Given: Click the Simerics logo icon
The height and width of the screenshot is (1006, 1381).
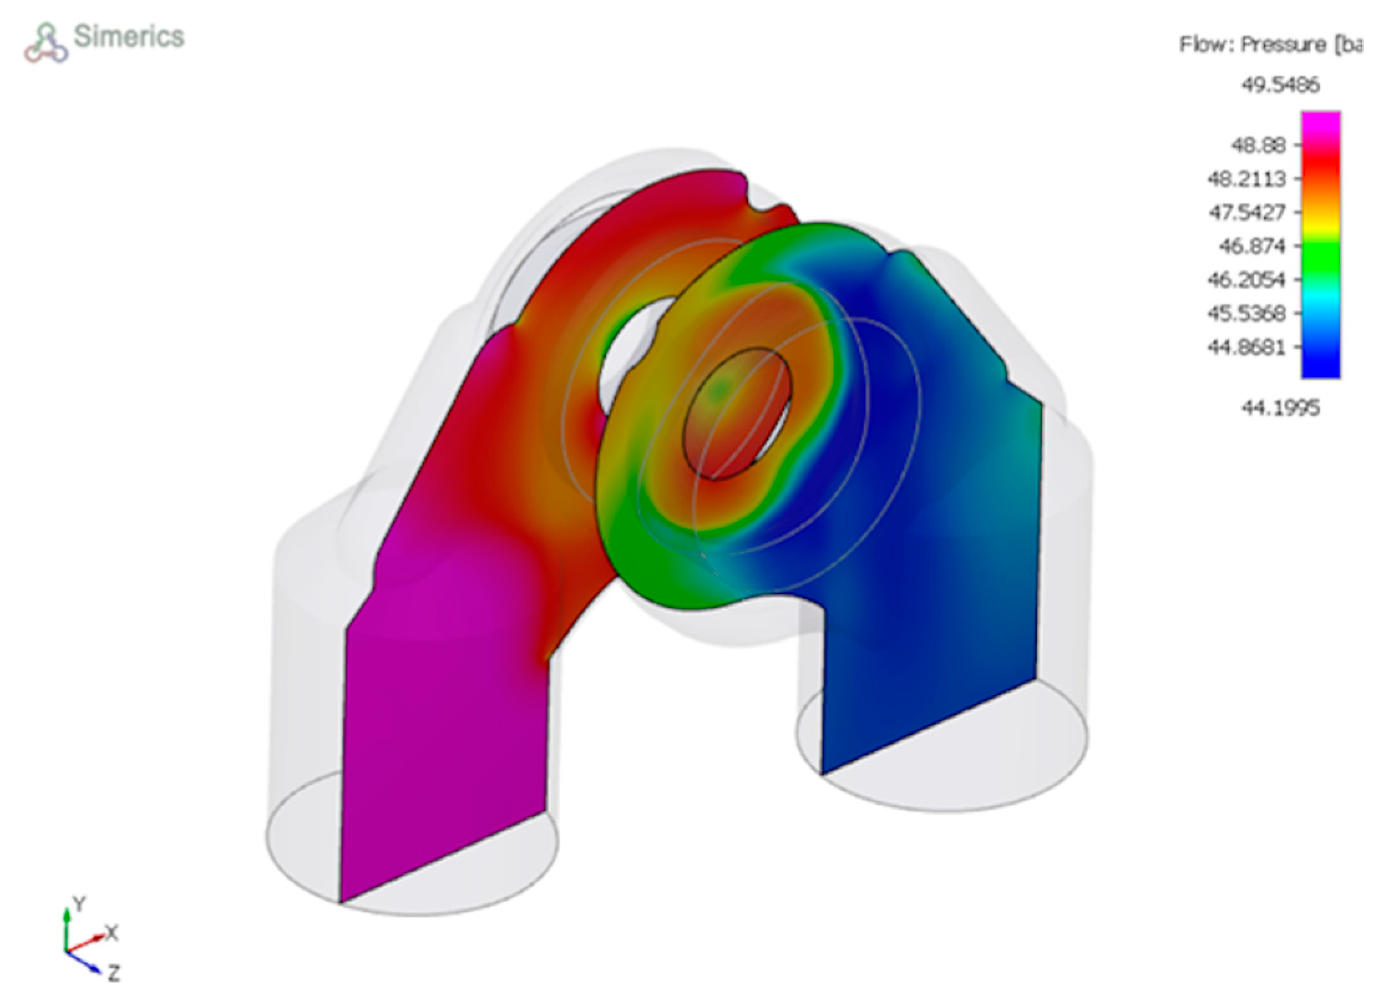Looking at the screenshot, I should coord(46,43).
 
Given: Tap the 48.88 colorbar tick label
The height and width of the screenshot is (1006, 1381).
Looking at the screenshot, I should coord(1258,145).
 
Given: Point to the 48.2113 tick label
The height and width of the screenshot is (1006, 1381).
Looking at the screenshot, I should coord(1246,179).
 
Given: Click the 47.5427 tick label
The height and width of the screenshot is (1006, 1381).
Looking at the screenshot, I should coord(1246,213).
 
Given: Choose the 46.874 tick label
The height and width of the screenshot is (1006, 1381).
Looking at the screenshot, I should coord(1251,247).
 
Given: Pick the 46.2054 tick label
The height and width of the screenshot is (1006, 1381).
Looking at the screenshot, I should coord(1246,280).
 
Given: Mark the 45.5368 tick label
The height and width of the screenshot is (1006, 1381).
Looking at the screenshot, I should coord(1246,313).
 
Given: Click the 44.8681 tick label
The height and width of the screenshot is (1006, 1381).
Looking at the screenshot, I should coord(1246,347).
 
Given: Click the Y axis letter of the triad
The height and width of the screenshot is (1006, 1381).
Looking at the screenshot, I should coord(79,904).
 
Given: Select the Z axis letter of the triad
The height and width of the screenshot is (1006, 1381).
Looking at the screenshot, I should coord(113,973).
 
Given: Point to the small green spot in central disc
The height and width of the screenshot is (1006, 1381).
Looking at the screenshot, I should coord(719,389).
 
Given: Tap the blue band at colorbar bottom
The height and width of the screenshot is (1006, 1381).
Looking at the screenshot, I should coord(1321,368).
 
